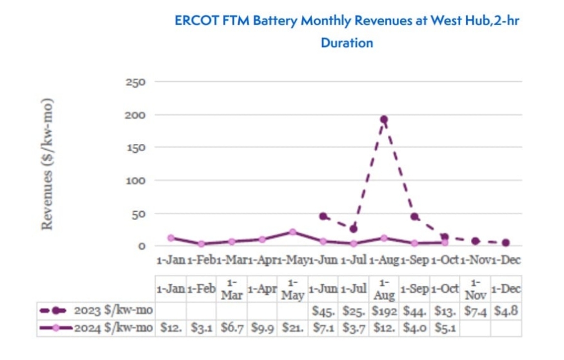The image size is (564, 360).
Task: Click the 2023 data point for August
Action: point(383,119)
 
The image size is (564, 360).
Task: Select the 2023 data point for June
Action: point(323,216)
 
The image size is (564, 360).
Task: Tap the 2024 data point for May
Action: point(292,232)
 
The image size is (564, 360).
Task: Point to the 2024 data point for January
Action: point(171,238)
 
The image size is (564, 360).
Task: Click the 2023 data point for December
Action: point(505,243)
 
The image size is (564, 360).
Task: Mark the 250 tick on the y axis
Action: point(139,83)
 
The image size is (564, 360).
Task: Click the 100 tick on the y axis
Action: point(139,180)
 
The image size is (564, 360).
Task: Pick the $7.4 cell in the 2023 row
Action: point(475,311)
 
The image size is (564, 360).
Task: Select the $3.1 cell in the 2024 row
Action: point(201,328)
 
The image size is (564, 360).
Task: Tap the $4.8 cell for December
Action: point(505,311)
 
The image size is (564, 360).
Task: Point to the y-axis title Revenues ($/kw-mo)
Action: point(47,164)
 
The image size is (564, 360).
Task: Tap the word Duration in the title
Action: point(347,43)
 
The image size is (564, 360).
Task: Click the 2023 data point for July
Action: point(353,228)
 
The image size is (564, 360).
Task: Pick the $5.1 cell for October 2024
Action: point(445,328)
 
